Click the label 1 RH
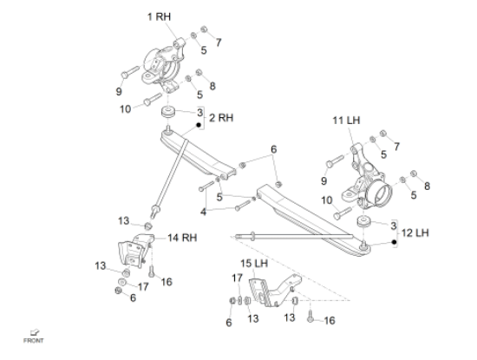point(159,16)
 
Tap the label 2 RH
point(221,118)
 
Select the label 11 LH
point(346,121)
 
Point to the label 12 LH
point(415,233)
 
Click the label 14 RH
point(182,238)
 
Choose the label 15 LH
point(254,263)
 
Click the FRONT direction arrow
point(35,332)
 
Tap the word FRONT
point(34,341)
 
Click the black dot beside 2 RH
point(199,125)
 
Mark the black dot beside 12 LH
point(395,242)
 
